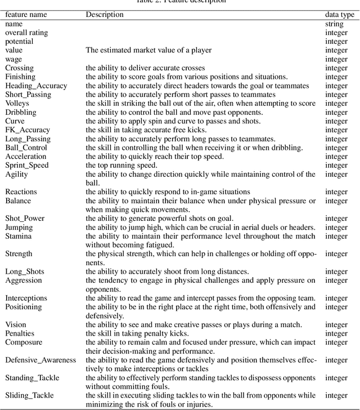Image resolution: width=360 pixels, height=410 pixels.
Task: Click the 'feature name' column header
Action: point(27,15)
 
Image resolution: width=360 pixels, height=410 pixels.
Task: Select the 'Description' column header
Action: point(105,15)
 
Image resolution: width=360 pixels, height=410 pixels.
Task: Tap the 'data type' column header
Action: point(340,15)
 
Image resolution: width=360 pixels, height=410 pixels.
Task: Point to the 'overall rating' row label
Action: point(26,33)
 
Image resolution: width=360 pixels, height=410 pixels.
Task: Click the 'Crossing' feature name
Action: point(20,68)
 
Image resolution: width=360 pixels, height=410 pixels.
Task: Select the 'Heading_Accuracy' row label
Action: point(36,86)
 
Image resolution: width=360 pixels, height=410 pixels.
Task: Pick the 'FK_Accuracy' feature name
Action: point(28,130)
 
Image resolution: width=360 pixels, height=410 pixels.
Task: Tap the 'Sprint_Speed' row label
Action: point(27,166)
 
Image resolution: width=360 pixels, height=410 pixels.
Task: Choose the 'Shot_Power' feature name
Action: point(25,219)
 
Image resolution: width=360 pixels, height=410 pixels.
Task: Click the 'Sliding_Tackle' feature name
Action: point(29,395)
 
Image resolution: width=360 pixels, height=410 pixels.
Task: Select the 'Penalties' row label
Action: point(21,333)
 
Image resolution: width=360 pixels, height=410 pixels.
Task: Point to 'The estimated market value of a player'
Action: point(148,50)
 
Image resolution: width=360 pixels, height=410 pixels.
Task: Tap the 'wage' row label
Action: point(14,59)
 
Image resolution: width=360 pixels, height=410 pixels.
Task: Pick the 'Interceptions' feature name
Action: point(26,298)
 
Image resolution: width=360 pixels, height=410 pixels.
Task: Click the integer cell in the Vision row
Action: point(336,325)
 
